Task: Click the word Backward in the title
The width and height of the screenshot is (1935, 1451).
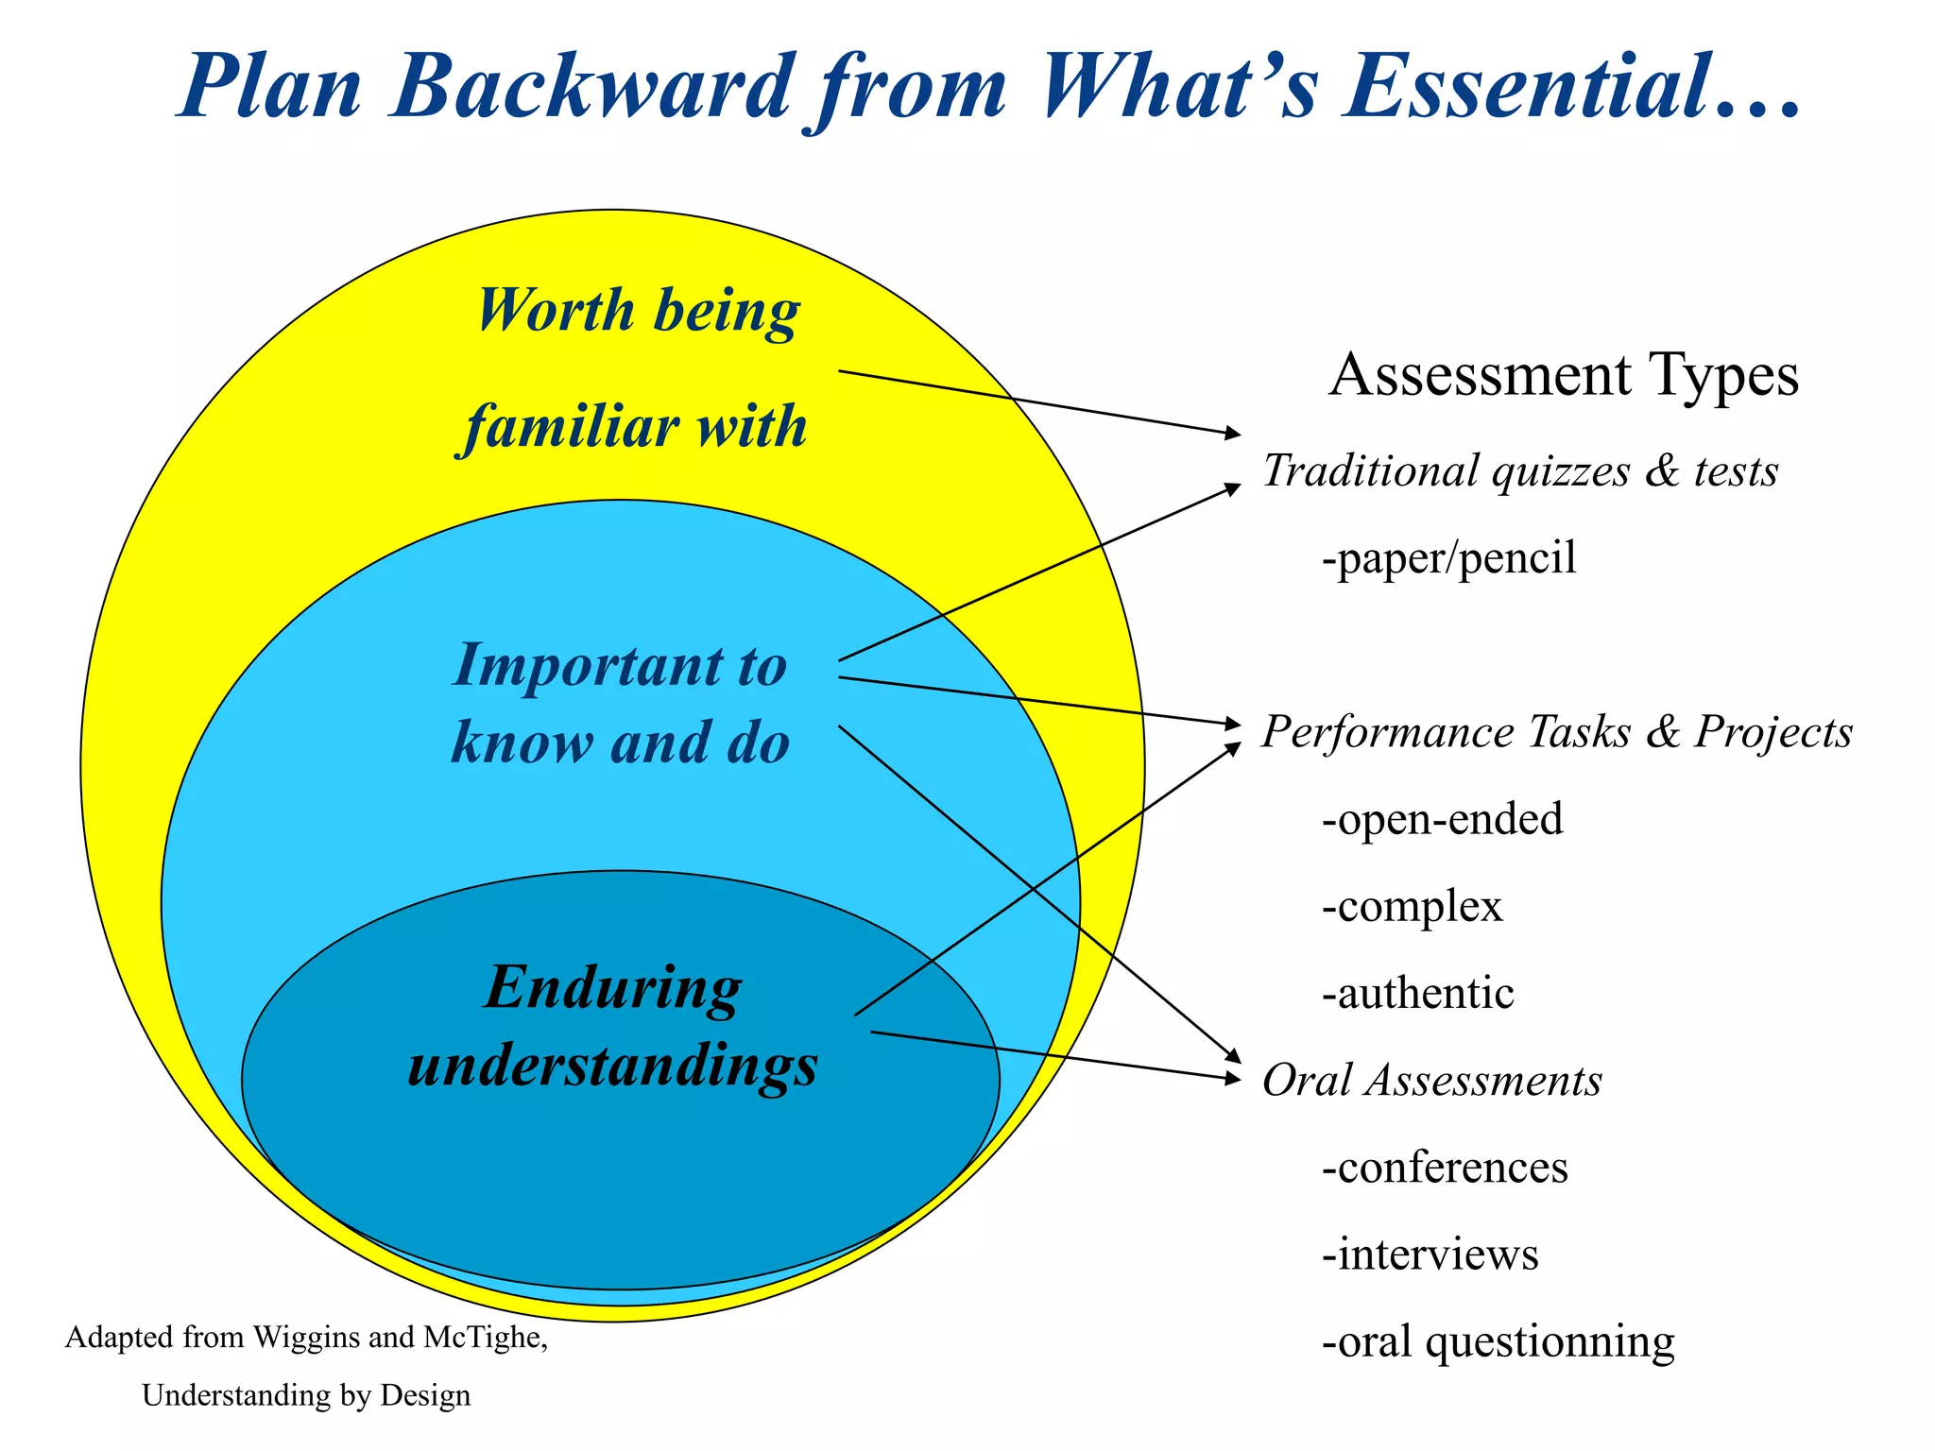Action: [592, 87]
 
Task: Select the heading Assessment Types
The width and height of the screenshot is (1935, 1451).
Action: [1564, 374]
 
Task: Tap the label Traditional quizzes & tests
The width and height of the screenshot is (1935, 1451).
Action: [1520, 470]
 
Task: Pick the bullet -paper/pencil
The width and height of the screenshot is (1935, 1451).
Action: [1449, 557]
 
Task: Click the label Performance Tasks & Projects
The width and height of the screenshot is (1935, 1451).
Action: [1557, 732]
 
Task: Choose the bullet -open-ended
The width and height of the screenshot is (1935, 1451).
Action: [1443, 819]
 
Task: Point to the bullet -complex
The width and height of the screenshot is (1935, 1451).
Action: [1413, 906]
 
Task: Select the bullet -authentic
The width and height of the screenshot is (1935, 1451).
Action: [1418, 993]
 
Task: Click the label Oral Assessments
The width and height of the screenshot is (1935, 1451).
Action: [1432, 1080]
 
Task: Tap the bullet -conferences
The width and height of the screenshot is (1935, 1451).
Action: [1446, 1168]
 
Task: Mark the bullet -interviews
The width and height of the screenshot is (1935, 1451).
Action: [1430, 1255]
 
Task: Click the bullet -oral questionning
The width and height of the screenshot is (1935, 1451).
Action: [1498, 1341]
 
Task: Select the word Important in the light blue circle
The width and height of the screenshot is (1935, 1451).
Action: [589, 665]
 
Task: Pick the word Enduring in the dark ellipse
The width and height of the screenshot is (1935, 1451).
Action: [613, 988]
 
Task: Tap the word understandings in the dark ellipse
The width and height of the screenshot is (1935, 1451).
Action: [613, 1066]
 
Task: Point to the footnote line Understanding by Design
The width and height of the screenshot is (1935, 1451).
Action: [306, 1395]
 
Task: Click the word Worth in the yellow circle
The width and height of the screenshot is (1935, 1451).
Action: [556, 310]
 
